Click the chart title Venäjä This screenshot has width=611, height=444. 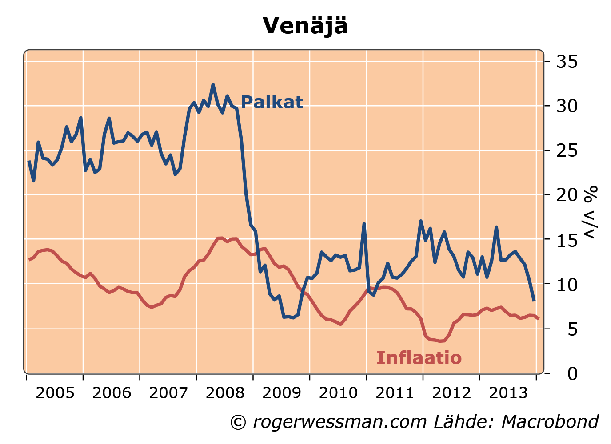[x=305, y=26]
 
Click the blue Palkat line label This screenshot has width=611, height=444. [x=272, y=103]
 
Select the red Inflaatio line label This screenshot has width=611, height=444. [x=419, y=358]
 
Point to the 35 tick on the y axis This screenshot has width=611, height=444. [x=567, y=62]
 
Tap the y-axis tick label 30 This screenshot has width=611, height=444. [x=567, y=106]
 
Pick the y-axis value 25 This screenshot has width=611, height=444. [x=567, y=151]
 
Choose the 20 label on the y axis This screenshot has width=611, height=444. [x=567, y=195]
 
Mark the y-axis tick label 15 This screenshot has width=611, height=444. [x=567, y=240]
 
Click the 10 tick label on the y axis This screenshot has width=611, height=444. [x=567, y=284]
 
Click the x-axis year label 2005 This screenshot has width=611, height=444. [x=55, y=393]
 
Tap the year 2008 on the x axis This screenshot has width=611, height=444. [x=225, y=393]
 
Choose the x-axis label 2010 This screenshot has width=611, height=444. [x=338, y=393]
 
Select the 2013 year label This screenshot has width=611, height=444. [x=508, y=393]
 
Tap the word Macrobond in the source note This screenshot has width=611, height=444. [x=550, y=422]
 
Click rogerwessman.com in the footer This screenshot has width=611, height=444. [x=340, y=422]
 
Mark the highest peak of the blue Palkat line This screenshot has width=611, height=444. [x=213, y=84]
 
